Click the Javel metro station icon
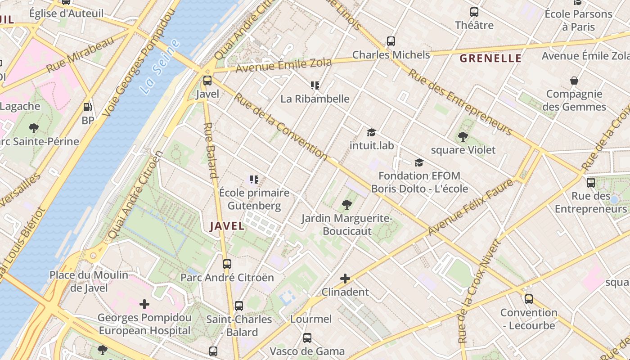[207, 81]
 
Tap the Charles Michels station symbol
[391, 41]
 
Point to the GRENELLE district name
[490, 58]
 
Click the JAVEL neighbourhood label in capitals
[227, 226]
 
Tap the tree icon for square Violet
[463, 137]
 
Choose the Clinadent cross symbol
[345, 279]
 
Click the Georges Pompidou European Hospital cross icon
[144, 304]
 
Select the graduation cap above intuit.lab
[371, 132]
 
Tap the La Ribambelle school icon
[315, 85]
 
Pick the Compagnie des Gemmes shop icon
[574, 81]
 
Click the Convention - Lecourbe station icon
[529, 299]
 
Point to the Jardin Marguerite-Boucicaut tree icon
[346, 205]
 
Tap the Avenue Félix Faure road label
[470, 207]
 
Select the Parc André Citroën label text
[227, 277]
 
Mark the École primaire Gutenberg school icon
[254, 180]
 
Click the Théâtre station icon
[474, 12]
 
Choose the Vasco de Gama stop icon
[307, 337]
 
